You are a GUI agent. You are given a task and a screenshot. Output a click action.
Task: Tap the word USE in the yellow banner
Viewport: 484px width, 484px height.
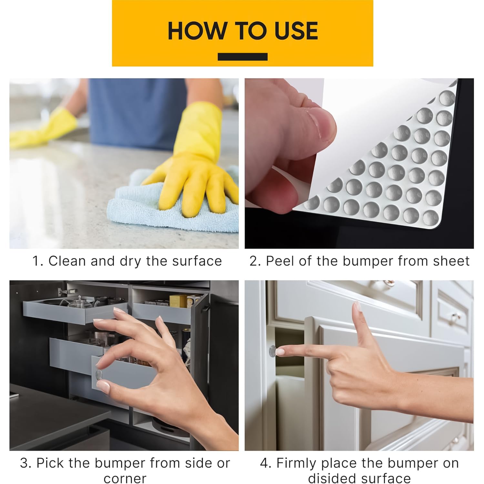[296, 31]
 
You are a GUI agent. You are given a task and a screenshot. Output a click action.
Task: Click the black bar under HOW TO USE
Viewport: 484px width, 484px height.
[242, 57]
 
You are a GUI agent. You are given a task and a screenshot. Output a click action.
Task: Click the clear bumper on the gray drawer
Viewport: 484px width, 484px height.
[99, 374]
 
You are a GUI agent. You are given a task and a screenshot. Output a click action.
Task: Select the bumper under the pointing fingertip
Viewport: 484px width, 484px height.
[273, 351]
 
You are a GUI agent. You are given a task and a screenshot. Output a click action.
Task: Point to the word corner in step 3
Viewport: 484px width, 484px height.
[125, 478]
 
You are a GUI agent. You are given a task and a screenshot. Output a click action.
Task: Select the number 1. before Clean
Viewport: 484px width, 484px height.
[38, 261]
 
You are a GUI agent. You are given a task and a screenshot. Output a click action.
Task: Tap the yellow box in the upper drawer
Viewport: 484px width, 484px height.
[178, 301]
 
